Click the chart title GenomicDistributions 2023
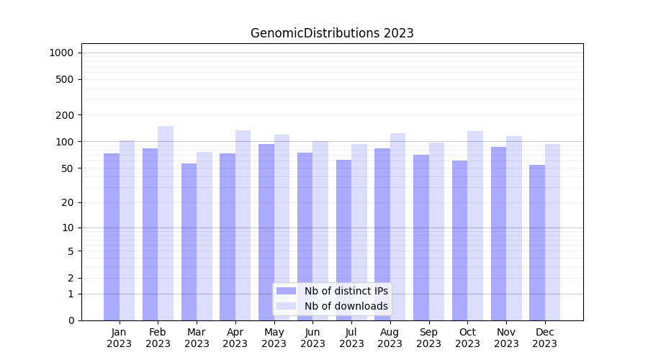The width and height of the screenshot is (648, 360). tap(332, 33)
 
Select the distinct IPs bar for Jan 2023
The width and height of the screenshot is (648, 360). tap(112, 237)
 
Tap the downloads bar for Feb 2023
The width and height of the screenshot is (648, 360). tap(166, 223)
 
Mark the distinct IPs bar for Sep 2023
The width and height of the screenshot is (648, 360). tap(421, 238)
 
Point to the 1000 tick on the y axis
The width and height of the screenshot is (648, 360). tap(61, 53)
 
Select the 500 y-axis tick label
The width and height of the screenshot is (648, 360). tap(65, 79)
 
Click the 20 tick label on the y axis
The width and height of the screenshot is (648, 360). tap(68, 202)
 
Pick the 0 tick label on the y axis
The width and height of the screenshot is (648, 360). tap(71, 320)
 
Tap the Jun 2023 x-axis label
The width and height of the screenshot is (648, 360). tap(312, 338)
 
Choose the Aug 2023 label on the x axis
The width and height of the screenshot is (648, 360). tap(390, 338)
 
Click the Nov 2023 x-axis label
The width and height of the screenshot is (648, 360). tap(506, 338)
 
